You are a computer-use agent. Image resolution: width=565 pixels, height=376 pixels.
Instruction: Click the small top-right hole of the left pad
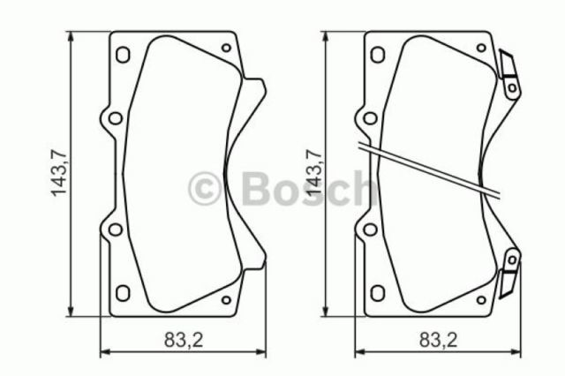tap(226, 49)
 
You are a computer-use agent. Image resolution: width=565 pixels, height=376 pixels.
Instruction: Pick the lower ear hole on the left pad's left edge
tap(112, 229)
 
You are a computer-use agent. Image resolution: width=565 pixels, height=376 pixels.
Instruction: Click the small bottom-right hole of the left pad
tap(226, 299)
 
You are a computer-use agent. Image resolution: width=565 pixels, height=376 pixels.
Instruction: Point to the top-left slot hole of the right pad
tap(378, 54)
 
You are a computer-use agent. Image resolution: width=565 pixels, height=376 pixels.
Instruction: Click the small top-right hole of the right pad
tap(481, 49)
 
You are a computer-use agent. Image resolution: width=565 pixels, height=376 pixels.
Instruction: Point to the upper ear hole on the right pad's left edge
tap(368, 117)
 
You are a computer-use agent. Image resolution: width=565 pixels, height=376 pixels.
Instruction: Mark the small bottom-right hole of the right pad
tap(481, 299)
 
